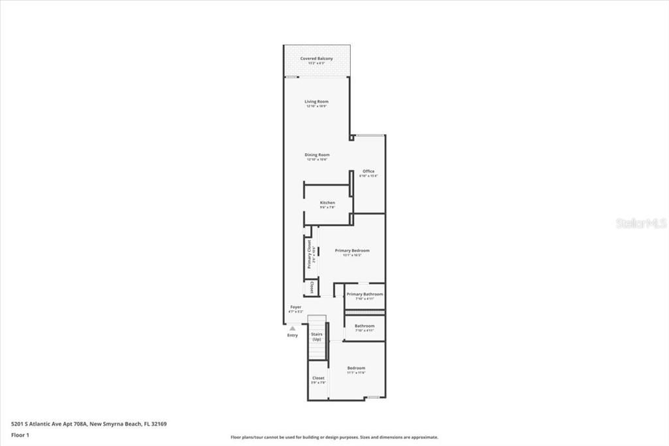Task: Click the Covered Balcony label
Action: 316,59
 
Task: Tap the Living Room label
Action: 316,102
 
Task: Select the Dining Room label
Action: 317,156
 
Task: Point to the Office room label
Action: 368,172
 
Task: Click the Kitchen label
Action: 327,203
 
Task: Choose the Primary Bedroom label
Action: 352,251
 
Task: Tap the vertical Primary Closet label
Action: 310,254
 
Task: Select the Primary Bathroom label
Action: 365,294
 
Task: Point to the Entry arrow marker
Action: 293,328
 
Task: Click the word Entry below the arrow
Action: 293,335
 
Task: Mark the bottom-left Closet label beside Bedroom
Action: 318,379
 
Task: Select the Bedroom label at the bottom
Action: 356,368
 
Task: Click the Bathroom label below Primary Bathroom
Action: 365,326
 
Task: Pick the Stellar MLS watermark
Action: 641,224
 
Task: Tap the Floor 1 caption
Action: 21,434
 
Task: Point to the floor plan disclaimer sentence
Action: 334,437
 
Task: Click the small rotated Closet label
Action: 312,288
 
